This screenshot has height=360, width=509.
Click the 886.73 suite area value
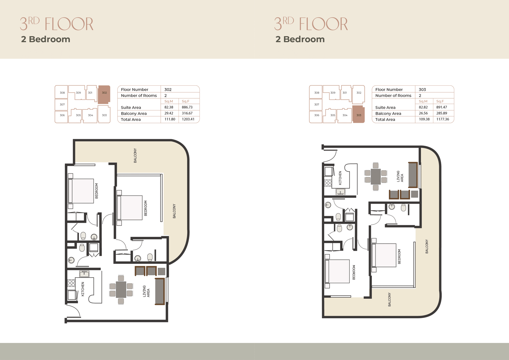tap(187, 107)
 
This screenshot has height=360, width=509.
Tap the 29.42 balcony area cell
tap(169, 113)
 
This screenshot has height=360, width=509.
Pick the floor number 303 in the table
tap(422, 89)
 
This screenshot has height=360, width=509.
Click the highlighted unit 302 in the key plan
tap(104, 95)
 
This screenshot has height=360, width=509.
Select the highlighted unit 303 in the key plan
tap(359, 114)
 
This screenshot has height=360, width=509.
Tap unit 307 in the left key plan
tap(62, 105)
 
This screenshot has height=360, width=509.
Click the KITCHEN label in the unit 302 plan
tap(83, 289)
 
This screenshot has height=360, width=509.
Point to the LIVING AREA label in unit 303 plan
tap(400, 176)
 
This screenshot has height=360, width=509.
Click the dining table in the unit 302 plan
tap(121, 290)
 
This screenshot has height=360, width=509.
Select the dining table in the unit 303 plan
tap(376, 176)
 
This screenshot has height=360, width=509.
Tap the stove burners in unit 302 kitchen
tap(71, 283)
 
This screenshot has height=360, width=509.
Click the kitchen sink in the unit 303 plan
tap(340, 192)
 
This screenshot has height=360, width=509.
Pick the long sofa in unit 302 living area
tap(159, 291)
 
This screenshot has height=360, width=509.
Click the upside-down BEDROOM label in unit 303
tap(354, 272)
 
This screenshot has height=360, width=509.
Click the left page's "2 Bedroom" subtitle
tap(45, 39)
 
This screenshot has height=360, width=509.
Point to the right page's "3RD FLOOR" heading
tap(311, 24)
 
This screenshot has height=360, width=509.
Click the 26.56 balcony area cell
tap(423, 113)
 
